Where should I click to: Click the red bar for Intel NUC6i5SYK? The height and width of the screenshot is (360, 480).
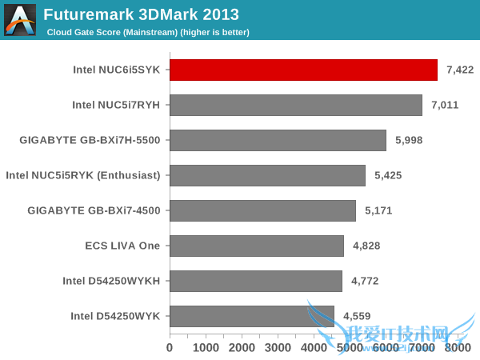(x=303, y=70)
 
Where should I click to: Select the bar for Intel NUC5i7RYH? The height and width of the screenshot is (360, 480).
(x=296, y=105)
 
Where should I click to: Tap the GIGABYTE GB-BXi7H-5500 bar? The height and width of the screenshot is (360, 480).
(x=278, y=140)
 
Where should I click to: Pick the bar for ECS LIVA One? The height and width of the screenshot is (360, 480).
(x=257, y=246)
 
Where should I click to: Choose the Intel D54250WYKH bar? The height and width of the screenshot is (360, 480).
(x=256, y=281)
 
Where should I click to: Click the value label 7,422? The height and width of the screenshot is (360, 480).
(x=460, y=70)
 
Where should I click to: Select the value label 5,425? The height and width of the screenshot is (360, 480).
(x=387, y=175)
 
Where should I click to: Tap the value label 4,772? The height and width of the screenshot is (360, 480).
(x=364, y=281)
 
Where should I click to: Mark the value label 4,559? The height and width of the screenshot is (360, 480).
(x=357, y=316)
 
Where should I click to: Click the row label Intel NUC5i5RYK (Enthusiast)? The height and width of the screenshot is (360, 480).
(x=83, y=175)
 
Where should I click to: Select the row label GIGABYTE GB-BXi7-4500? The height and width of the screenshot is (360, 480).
(x=94, y=210)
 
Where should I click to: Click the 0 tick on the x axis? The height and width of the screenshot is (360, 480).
(x=170, y=348)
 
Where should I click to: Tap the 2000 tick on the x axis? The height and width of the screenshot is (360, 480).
(x=242, y=348)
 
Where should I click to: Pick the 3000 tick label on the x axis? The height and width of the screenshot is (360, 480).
(x=278, y=348)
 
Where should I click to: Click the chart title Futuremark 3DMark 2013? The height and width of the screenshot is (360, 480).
(x=141, y=14)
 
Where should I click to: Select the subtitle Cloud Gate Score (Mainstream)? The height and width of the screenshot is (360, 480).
(x=148, y=32)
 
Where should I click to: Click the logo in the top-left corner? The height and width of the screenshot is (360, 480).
(x=20, y=19)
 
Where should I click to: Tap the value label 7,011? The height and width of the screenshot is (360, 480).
(x=444, y=105)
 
